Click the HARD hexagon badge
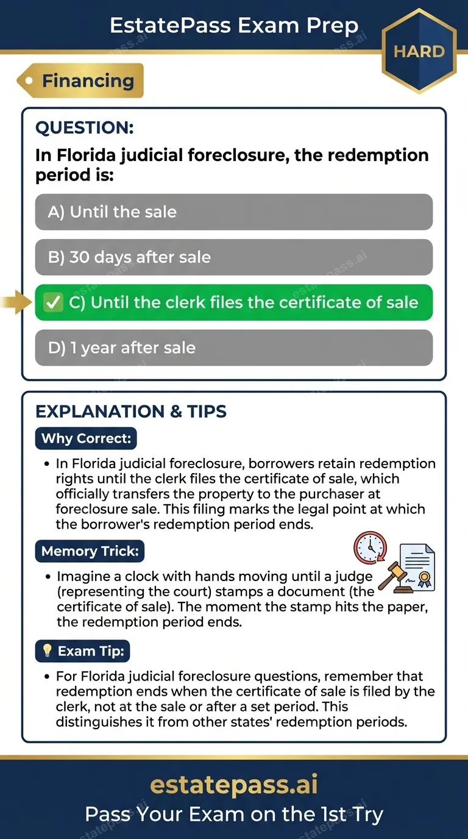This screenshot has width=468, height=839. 419,51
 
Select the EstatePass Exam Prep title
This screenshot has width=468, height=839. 234,25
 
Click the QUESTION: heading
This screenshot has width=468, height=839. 84,127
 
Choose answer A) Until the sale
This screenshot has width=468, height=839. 234,212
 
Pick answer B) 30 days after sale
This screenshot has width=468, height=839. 234,257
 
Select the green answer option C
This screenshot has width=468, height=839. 234,302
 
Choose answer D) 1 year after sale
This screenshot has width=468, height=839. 234,348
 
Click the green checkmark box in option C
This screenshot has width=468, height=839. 54,302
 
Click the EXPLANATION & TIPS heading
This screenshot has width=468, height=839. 131,412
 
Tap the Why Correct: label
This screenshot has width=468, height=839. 85,438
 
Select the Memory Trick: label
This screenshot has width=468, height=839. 90,552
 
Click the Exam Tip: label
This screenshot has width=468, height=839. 82,651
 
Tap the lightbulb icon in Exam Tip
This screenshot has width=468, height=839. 48,651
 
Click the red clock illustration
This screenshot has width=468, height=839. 370,548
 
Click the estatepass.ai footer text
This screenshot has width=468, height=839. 234,785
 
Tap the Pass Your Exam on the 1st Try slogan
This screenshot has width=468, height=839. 234,814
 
